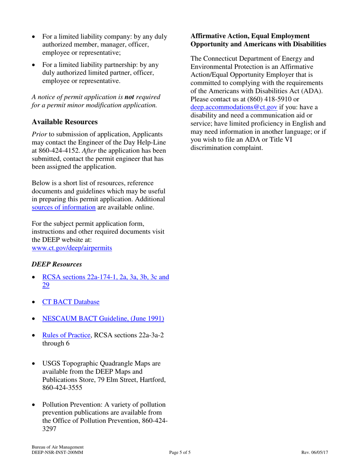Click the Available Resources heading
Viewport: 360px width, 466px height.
(x=64, y=122)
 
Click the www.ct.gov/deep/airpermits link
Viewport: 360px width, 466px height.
(x=72, y=248)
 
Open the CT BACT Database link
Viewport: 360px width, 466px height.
(x=71, y=302)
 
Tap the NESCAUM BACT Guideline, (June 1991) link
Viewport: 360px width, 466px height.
(x=103, y=319)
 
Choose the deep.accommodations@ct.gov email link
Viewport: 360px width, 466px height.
(x=234, y=107)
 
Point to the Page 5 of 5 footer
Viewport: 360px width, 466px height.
(x=180, y=452)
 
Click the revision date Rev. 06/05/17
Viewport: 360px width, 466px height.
(x=315, y=452)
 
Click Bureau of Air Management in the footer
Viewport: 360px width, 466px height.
(x=58, y=447)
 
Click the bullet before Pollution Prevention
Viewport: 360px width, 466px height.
(x=34, y=405)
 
